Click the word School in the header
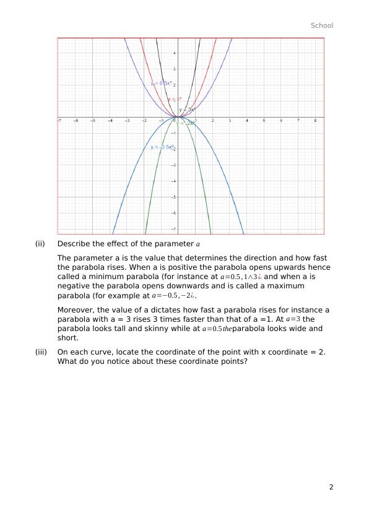coord(321,25)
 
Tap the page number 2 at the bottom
coord(331,487)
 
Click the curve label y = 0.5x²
coord(161,83)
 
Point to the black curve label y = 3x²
coord(188,110)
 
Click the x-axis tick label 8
coord(315,121)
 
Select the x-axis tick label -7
coord(59,121)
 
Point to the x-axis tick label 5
coord(264,121)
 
